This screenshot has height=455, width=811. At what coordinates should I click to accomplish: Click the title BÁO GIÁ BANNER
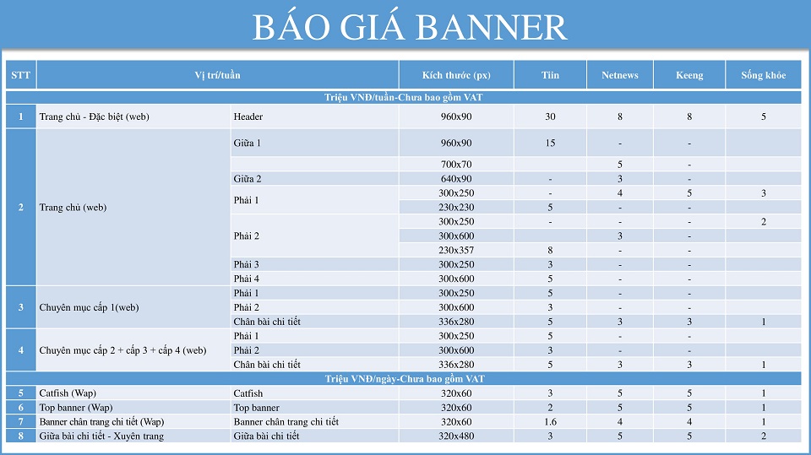point(410,28)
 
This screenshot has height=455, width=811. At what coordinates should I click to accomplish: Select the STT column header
point(21,75)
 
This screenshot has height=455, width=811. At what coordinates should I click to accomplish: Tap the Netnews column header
point(620,75)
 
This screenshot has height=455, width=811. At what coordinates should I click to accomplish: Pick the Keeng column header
point(689,75)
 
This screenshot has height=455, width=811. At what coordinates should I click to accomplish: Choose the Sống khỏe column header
point(763,75)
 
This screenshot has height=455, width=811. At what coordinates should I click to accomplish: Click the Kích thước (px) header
point(456,75)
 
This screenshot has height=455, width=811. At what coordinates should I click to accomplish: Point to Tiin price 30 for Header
point(550,116)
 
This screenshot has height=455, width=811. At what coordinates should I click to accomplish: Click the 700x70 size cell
point(456,164)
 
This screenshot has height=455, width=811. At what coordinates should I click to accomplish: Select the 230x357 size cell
point(456,250)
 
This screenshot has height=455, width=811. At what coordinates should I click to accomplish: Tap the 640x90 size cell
point(456,178)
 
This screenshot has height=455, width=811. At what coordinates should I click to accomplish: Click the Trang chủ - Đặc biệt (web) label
point(94,116)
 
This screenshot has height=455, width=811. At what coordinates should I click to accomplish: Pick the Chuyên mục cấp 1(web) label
point(89,307)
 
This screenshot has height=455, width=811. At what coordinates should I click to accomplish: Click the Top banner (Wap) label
point(76,407)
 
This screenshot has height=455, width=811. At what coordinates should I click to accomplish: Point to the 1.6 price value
point(550,421)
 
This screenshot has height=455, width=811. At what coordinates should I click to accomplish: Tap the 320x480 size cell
point(456,436)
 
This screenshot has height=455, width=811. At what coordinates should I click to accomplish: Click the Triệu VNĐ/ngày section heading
point(403,378)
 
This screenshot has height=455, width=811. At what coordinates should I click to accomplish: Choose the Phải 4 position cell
point(247,279)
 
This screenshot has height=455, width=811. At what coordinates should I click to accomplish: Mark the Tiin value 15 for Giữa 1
point(550,143)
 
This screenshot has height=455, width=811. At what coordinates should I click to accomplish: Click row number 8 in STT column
point(21,436)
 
